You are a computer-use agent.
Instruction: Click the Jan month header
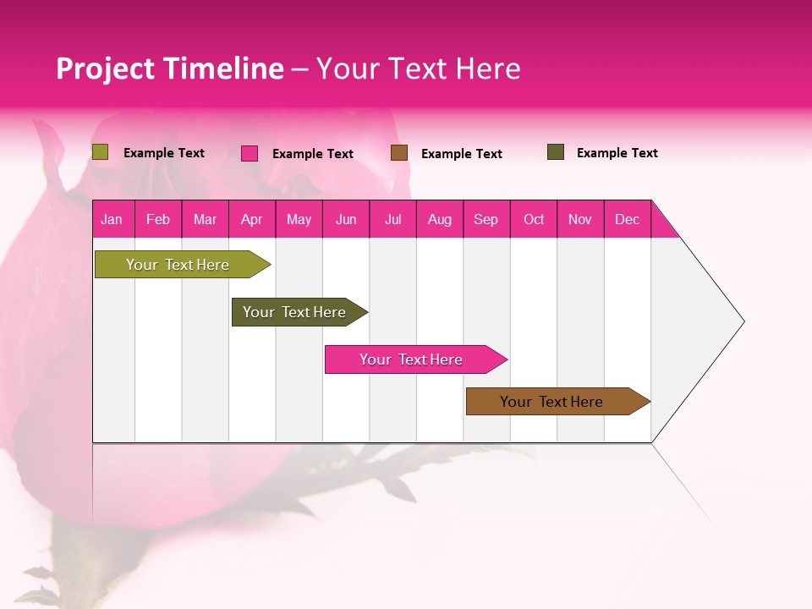(112, 219)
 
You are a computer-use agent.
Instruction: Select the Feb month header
(158, 219)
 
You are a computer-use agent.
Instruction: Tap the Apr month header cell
(251, 219)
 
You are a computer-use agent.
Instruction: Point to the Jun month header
(346, 219)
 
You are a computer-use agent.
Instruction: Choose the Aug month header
(439, 219)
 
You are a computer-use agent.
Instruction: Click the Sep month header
(486, 219)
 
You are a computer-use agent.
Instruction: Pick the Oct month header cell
(534, 219)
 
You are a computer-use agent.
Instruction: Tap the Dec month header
(627, 219)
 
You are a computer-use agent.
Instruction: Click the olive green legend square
(101, 152)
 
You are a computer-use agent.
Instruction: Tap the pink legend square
(250, 153)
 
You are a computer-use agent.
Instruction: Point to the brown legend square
(399, 153)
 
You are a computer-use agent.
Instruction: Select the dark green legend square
(556, 152)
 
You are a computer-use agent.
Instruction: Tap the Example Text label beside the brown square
(461, 154)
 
